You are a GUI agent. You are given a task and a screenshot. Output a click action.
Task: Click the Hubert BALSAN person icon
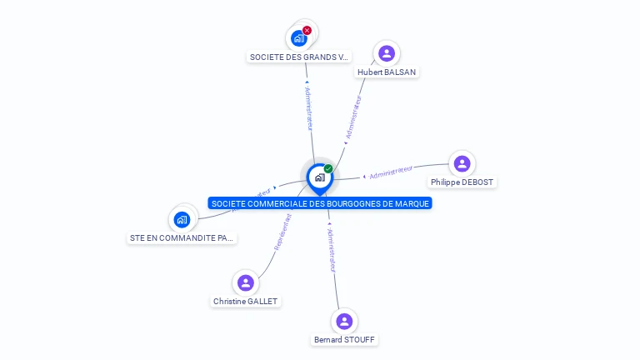pyautogui.click(x=386, y=53)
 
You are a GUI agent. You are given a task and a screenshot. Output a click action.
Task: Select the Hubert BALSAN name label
pyautogui.click(x=387, y=72)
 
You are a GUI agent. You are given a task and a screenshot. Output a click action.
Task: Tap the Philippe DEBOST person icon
pyautogui.click(x=462, y=163)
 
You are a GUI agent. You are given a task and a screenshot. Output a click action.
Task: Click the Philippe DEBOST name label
pyautogui.click(x=462, y=182)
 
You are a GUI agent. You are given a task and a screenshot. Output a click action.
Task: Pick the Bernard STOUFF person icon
pyautogui.click(x=344, y=321)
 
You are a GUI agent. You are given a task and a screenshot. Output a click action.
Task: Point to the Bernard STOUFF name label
pyautogui.click(x=344, y=340)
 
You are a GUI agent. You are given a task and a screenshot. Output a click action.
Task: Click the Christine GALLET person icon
pyautogui.click(x=245, y=282)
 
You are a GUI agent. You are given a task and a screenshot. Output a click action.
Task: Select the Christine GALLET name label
pyautogui.click(x=246, y=302)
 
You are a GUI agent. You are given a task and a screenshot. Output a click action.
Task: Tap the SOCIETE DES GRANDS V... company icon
pyautogui.click(x=298, y=38)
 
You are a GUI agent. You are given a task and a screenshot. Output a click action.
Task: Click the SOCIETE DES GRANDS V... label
pyautogui.click(x=299, y=57)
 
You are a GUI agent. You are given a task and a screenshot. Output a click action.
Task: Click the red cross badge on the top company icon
pyautogui.click(x=307, y=30)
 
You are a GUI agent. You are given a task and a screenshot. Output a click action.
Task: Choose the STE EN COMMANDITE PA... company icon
pyautogui.click(x=182, y=219)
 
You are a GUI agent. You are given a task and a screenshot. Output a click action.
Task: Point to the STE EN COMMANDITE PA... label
pyautogui.click(x=182, y=238)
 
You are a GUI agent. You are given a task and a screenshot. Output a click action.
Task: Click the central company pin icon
pyautogui.click(x=319, y=177)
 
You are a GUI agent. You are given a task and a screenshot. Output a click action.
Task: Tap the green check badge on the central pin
pyautogui.click(x=328, y=168)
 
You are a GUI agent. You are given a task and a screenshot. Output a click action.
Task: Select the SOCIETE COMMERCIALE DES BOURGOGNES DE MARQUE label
pyautogui.click(x=320, y=203)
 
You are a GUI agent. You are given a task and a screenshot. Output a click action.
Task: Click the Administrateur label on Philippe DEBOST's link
pyautogui.click(x=391, y=172)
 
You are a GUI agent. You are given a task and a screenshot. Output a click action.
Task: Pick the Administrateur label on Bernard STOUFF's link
pyautogui.click(x=331, y=250)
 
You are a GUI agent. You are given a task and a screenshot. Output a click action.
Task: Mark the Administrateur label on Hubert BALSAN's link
pyautogui.click(x=353, y=117)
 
